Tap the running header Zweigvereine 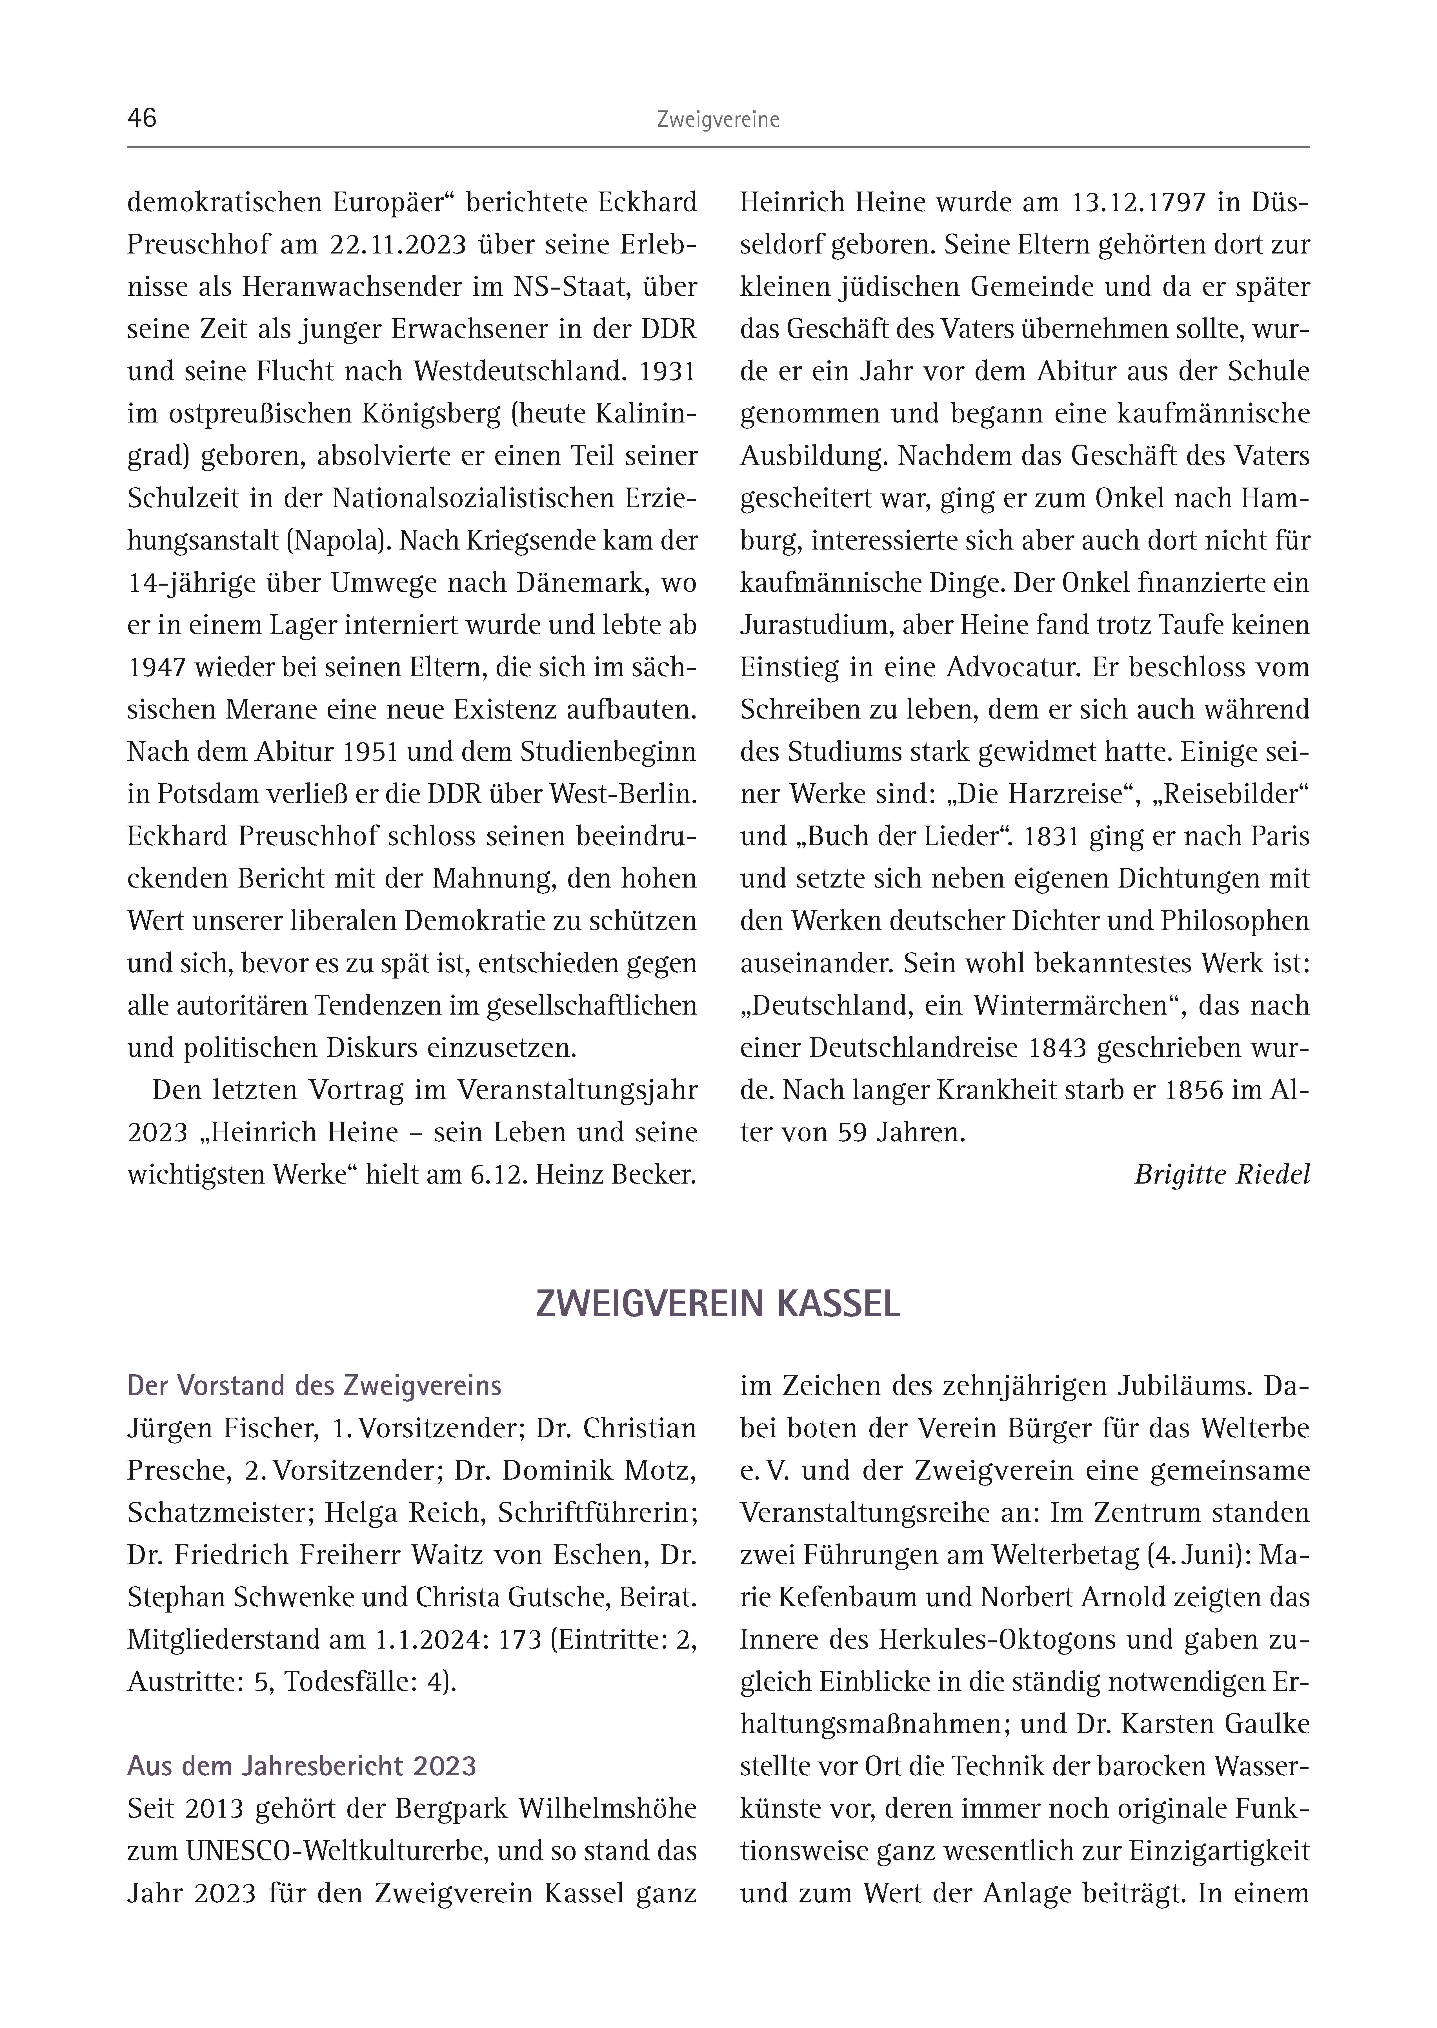point(718,120)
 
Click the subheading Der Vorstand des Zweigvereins point(314,1386)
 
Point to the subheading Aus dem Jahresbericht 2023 point(302,1766)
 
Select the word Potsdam point(210,795)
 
